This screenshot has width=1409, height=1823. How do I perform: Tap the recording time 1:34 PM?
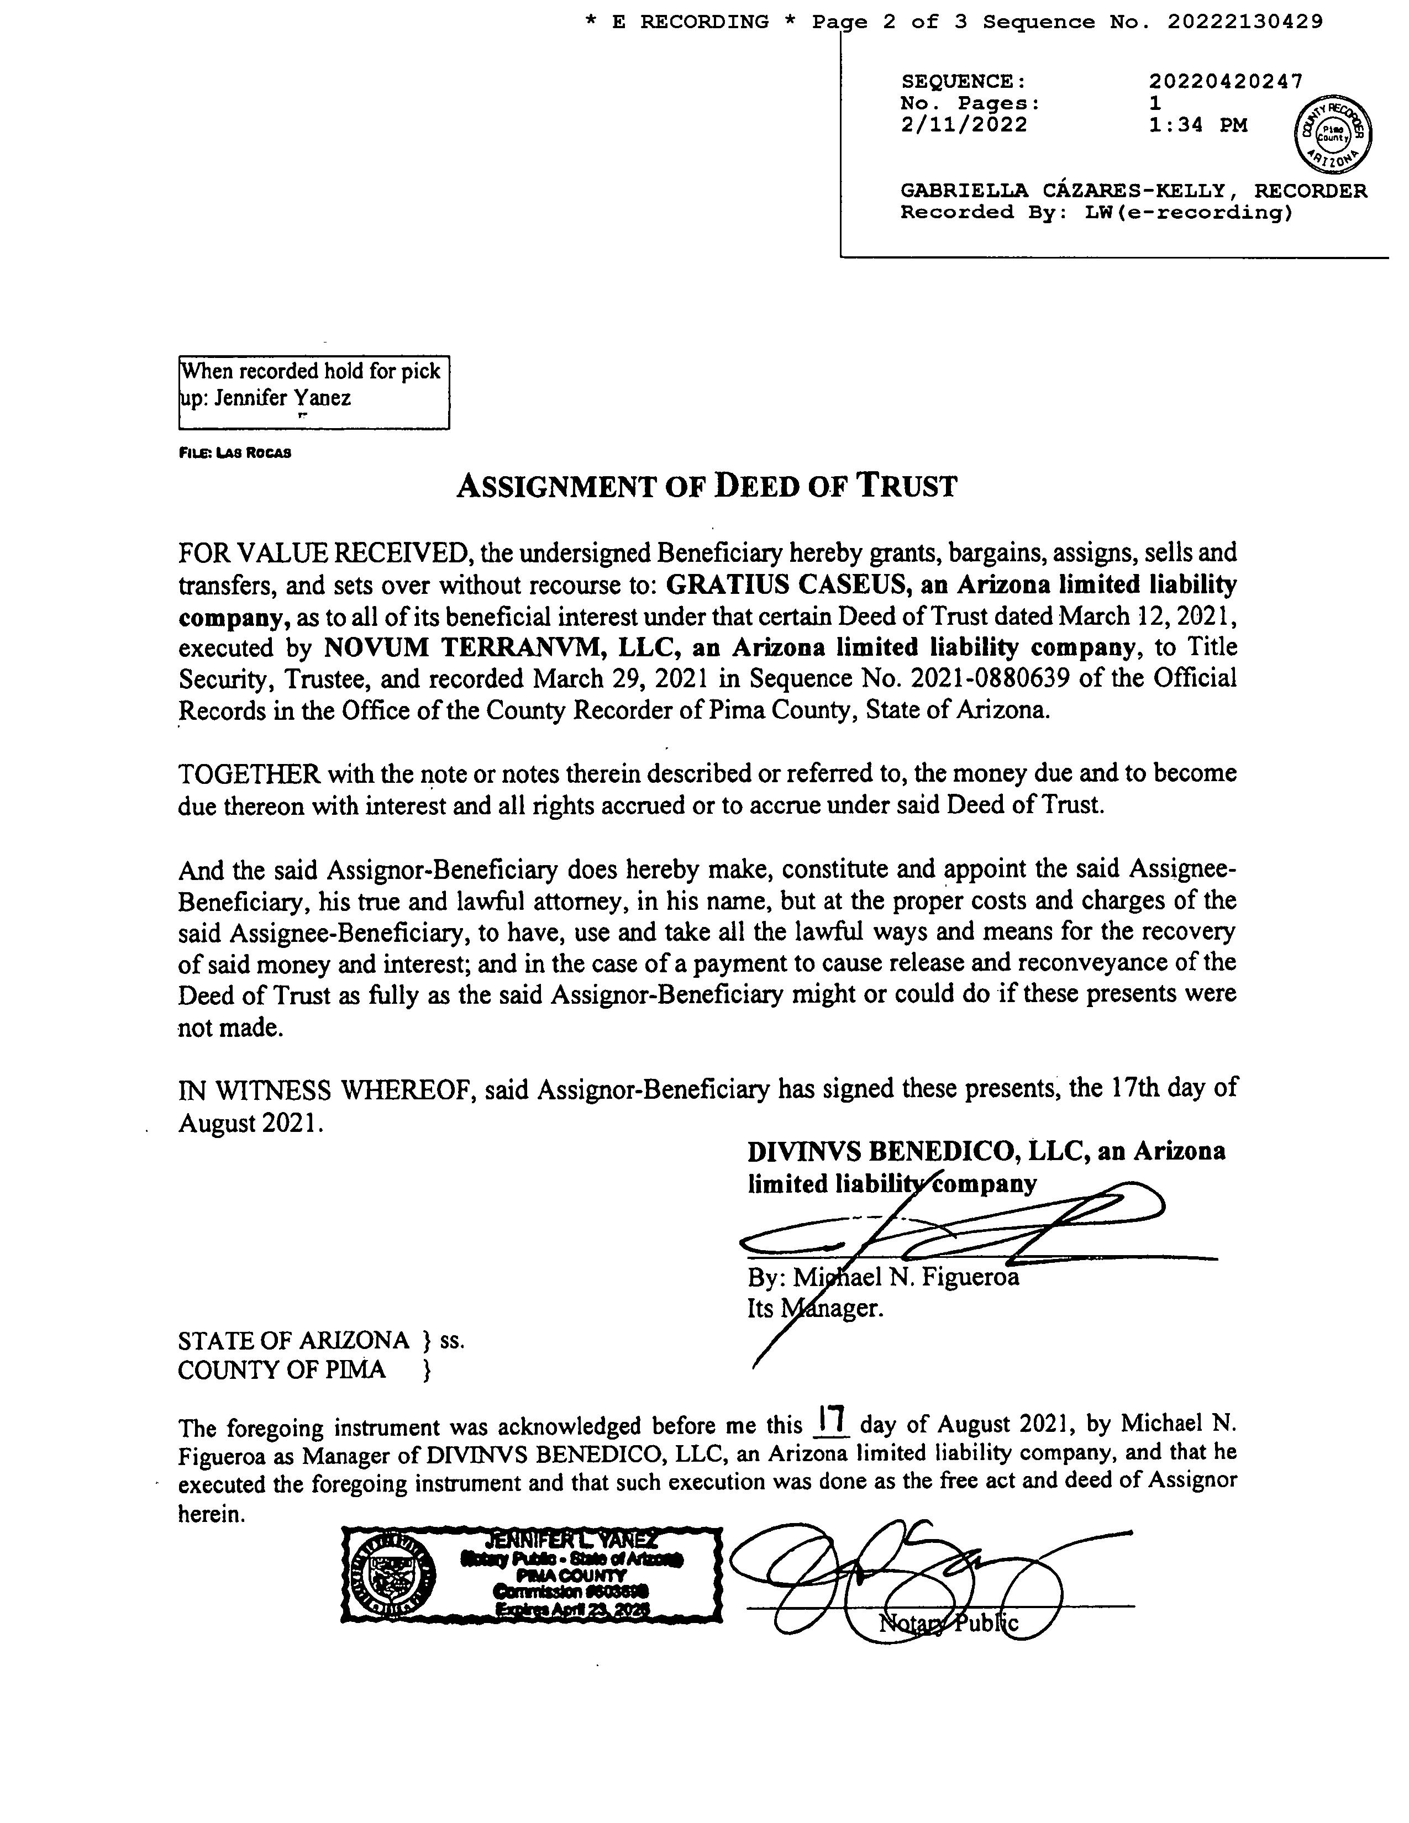[x=1197, y=125]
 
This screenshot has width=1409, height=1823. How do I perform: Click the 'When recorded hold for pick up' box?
[x=314, y=392]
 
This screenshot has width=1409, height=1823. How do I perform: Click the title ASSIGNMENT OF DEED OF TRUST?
[x=706, y=486]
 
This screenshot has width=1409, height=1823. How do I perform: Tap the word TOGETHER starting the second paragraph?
[x=249, y=774]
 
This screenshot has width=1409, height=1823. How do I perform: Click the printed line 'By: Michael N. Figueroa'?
[x=883, y=1277]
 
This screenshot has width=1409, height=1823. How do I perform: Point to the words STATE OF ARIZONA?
[x=293, y=1341]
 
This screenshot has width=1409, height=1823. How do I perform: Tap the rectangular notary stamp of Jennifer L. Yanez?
[x=532, y=1575]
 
